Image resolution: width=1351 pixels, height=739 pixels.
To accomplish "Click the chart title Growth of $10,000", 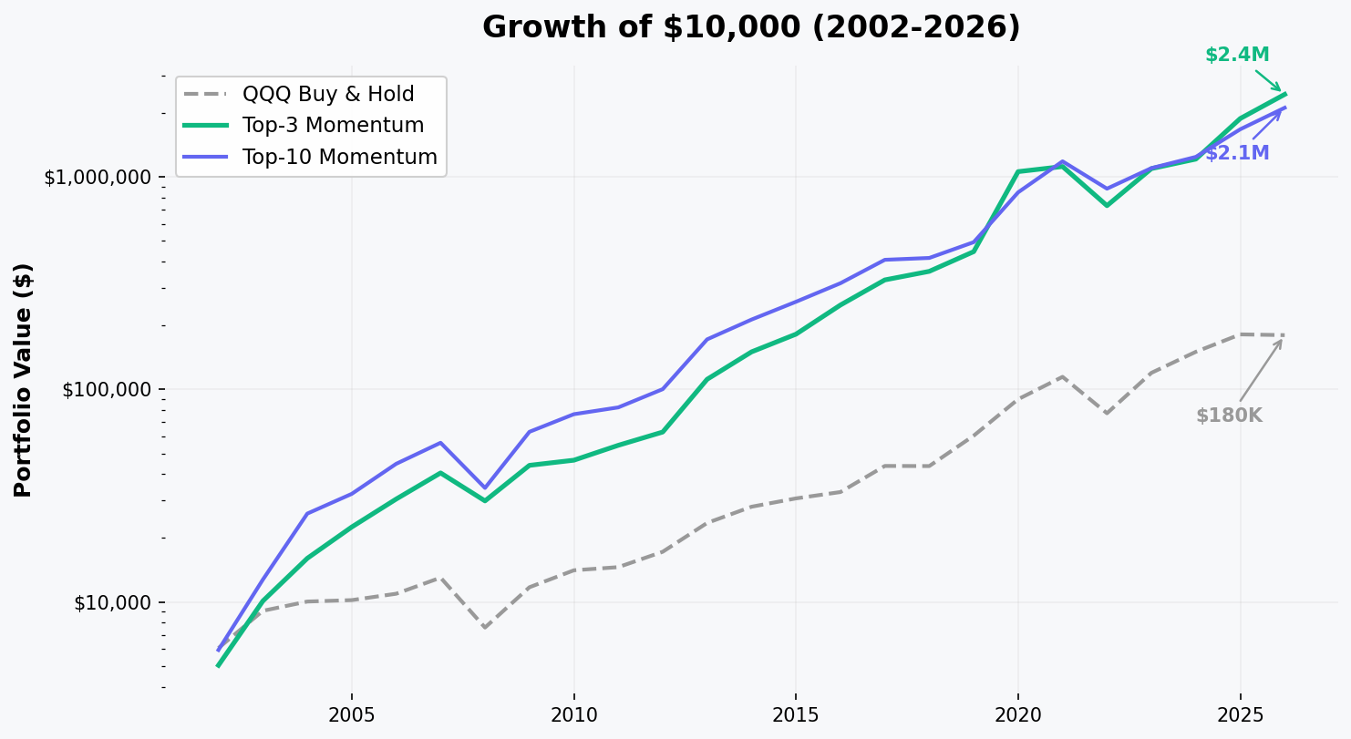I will pyautogui.click(x=751, y=27).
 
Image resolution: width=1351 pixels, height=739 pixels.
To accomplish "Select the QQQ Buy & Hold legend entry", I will pyautogui.click(x=327, y=94).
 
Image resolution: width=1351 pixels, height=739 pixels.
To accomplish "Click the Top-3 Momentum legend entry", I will pyautogui.click(x=333, y=126).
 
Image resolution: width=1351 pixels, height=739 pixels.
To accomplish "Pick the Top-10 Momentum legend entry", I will pyautogui.click(x=339, y=157).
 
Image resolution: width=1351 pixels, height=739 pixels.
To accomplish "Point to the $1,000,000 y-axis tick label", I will pyautogui.click(x=97, y=177).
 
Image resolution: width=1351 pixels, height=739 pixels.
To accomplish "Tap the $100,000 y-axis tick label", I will pyautogui.click(x=103, y=390).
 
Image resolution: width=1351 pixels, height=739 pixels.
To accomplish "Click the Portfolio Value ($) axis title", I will pyautogui.click(x=24, y=380).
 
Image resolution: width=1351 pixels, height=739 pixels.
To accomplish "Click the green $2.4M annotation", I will pyautogui.click(x=1237, y=55).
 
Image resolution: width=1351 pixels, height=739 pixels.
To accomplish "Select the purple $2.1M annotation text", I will pyautogui.click(x=1237, y=153).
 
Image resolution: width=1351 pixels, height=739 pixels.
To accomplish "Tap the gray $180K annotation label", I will pyautogui.click(x=1229, y=416).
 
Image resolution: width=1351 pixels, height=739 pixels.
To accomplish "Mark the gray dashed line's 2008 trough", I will pyautogui.click(x=485, y=627).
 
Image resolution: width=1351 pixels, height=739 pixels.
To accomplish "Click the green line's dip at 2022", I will pyautogui.click(x=1107, y=205).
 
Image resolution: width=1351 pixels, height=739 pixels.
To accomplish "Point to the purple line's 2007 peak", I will pyautogui.click(x=440, y=443).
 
